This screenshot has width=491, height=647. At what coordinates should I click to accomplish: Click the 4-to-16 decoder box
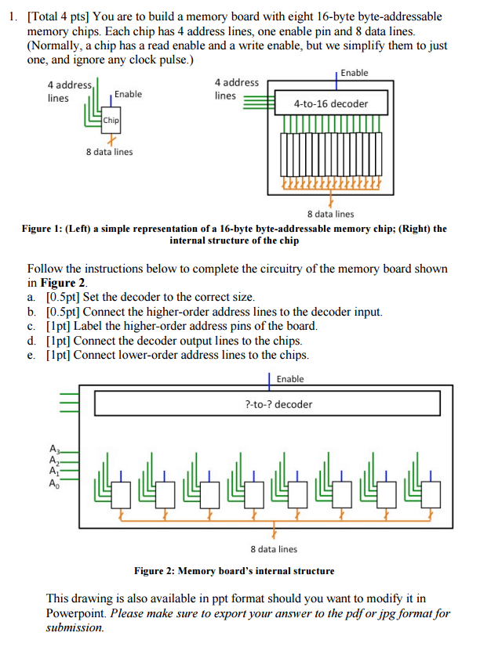pos(330,103)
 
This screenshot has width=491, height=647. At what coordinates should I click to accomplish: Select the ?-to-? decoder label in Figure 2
pos(278,404)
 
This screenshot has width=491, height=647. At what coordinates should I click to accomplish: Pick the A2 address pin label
pos(54,461)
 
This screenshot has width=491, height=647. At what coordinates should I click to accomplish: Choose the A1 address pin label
pos(54,472)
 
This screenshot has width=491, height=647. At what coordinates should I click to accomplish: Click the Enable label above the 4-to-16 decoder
pos(355,73)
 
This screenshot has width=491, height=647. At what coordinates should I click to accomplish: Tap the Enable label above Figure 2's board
pos(290,379)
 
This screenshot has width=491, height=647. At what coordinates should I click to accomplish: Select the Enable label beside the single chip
pos(129,94)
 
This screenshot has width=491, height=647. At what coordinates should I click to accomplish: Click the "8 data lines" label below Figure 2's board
pos(274,549)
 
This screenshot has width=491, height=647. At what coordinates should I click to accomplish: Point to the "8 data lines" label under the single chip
pos(110,152)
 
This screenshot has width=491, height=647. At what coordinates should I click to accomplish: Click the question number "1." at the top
pos(11,16)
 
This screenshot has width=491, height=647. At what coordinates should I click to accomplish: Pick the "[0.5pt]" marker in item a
pos(64,297)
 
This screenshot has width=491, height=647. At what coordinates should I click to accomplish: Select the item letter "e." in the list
pos(31,354)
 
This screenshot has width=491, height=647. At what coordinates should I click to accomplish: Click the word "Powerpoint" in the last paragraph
pos(78,613)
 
